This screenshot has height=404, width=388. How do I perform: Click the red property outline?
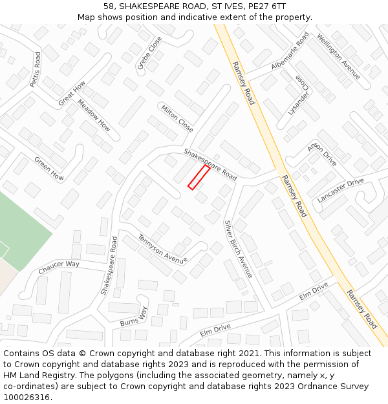pos(199,177)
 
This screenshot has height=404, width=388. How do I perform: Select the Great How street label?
pos(71,94)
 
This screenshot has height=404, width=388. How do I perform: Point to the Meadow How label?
pos(94,115)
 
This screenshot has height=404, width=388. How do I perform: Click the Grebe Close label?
pos(149,53)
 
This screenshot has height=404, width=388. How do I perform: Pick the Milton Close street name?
pos(177,118)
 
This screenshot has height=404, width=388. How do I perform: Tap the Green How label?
pos(49,168)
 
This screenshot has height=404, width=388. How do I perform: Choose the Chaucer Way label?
pos(58,267)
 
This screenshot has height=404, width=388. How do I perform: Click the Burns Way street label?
pos(134,316)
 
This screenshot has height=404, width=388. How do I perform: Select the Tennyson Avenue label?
pos(162,249)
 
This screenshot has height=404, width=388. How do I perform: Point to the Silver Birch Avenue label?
pos(239,250)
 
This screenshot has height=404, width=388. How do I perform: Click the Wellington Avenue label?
pos(338,57)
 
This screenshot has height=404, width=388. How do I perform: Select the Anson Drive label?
pos(322,154)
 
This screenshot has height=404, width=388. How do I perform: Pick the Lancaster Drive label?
pos(341,191)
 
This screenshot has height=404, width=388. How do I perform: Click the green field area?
pos(23,226)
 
